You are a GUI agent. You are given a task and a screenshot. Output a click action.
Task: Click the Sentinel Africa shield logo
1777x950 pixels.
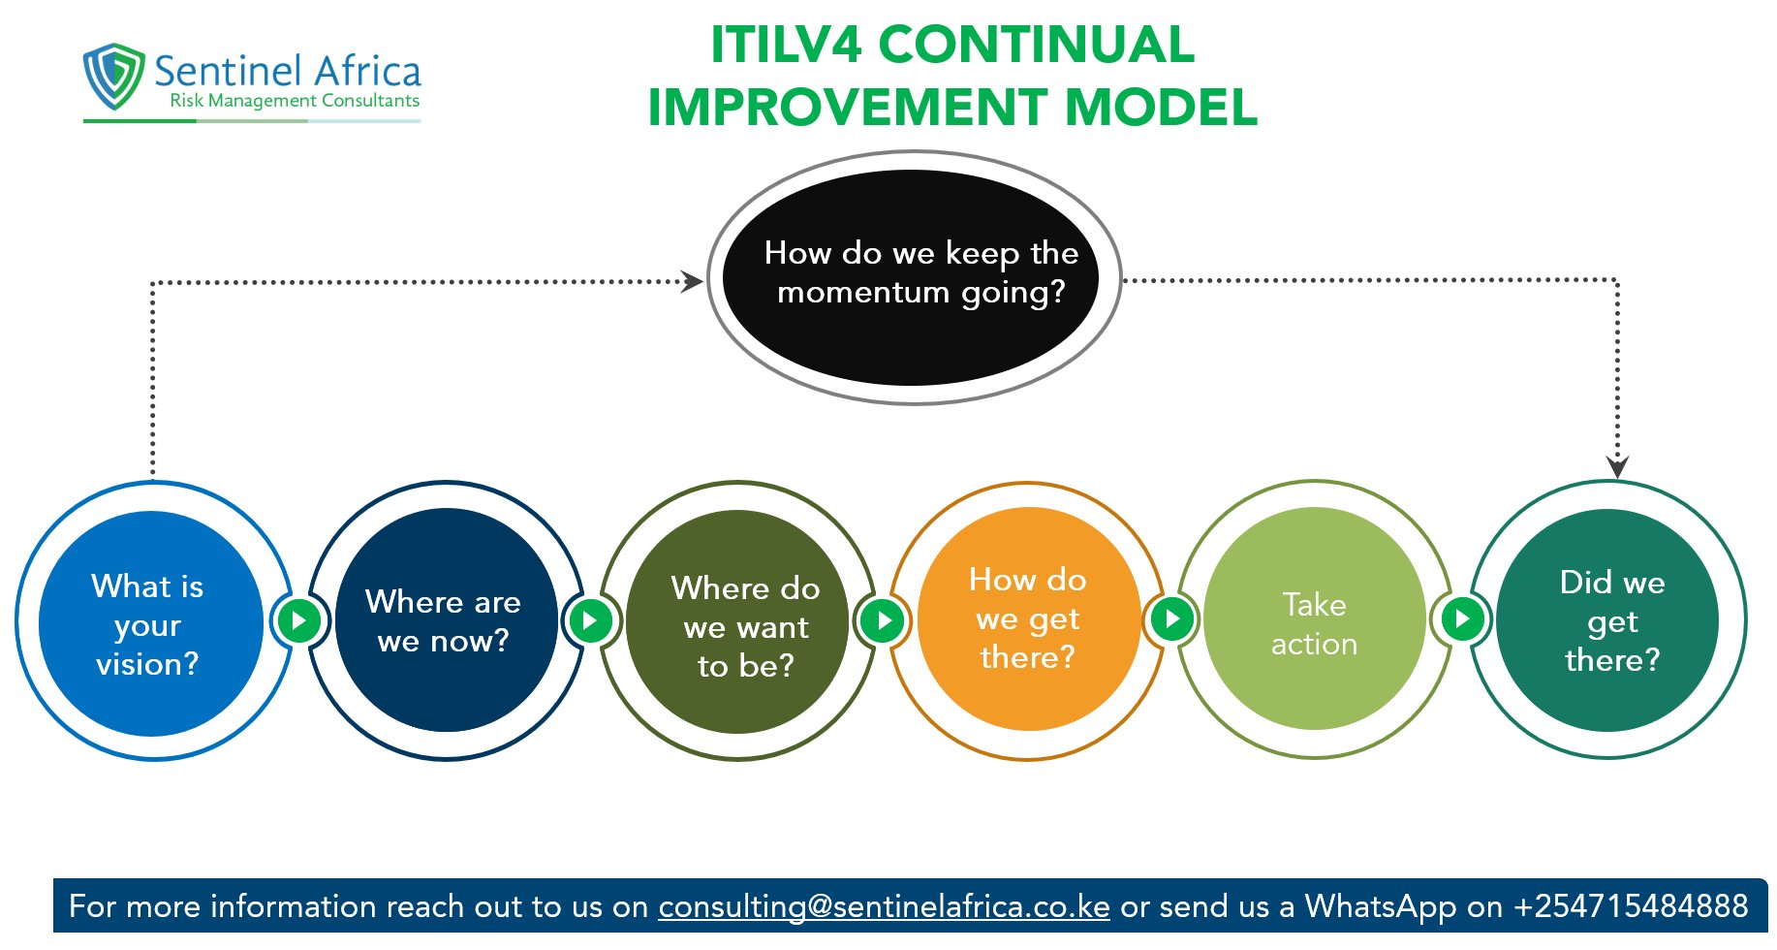point(114,75)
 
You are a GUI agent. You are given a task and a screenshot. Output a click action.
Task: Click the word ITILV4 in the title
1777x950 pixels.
point(786,45)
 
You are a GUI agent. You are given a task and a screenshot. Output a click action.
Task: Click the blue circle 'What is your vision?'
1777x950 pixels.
point(150,623)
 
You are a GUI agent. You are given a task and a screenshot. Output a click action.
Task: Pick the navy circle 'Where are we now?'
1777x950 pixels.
point(445,620)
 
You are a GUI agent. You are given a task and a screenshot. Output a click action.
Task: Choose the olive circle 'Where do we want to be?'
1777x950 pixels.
point(739,621)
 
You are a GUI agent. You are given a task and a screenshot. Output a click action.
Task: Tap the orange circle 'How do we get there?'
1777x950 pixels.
point(1028,619)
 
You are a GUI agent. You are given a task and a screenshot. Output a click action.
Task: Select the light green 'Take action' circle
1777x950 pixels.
point(1314,619)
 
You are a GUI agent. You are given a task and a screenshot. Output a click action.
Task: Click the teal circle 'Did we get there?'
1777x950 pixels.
point(1608,620)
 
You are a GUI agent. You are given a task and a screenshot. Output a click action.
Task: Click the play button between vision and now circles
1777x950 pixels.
point(298,620)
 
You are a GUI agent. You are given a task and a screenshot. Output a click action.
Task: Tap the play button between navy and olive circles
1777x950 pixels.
point(590,620)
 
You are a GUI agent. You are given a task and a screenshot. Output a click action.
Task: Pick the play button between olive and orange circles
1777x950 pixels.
point(883,620)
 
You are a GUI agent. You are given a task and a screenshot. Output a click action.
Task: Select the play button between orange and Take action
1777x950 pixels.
point(1171,618)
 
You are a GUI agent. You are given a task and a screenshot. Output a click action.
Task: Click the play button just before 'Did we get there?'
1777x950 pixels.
point(1462,618)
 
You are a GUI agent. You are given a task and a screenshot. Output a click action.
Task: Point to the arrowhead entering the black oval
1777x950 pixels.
point(692,282)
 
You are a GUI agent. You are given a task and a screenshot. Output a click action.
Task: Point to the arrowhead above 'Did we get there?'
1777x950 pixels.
point(1617,466)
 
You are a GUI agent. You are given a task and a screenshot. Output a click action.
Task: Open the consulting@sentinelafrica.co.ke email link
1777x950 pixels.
point(884,906)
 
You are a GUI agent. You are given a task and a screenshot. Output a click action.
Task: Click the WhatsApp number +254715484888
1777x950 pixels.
point(1631,906)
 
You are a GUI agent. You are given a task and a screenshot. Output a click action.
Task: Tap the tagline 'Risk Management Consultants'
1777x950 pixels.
point(295,101)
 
